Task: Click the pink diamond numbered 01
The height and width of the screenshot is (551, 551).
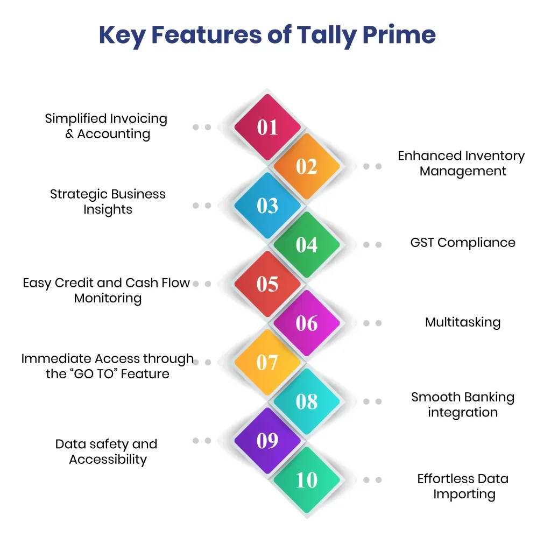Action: (267, 127)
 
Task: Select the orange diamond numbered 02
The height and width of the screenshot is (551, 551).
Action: (307, 166)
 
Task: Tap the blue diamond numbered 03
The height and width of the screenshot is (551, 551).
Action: (267, 206)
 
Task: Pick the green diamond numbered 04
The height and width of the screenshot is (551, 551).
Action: (307, 245)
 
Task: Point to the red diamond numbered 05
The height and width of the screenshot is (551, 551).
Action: (267, 284)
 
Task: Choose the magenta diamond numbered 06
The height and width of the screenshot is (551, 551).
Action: (307, 323)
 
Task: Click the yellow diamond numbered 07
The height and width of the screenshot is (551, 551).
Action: (267, 362)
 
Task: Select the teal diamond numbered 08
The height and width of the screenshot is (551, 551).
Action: (307, 401)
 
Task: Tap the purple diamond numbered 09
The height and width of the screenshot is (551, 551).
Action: (267, 441)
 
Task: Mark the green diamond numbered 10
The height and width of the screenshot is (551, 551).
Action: (307, 480)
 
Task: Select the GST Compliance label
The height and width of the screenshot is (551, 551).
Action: (463, 243)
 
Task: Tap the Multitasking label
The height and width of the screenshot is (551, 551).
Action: (463, 322)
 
